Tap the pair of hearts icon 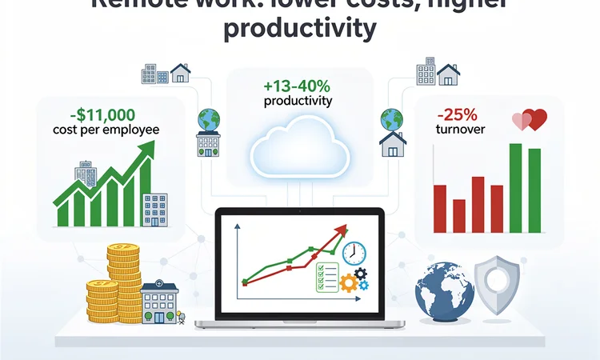529,119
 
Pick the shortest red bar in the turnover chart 459,215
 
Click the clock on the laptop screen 352,253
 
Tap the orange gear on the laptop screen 348,282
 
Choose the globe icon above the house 392,119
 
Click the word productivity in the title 299,29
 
